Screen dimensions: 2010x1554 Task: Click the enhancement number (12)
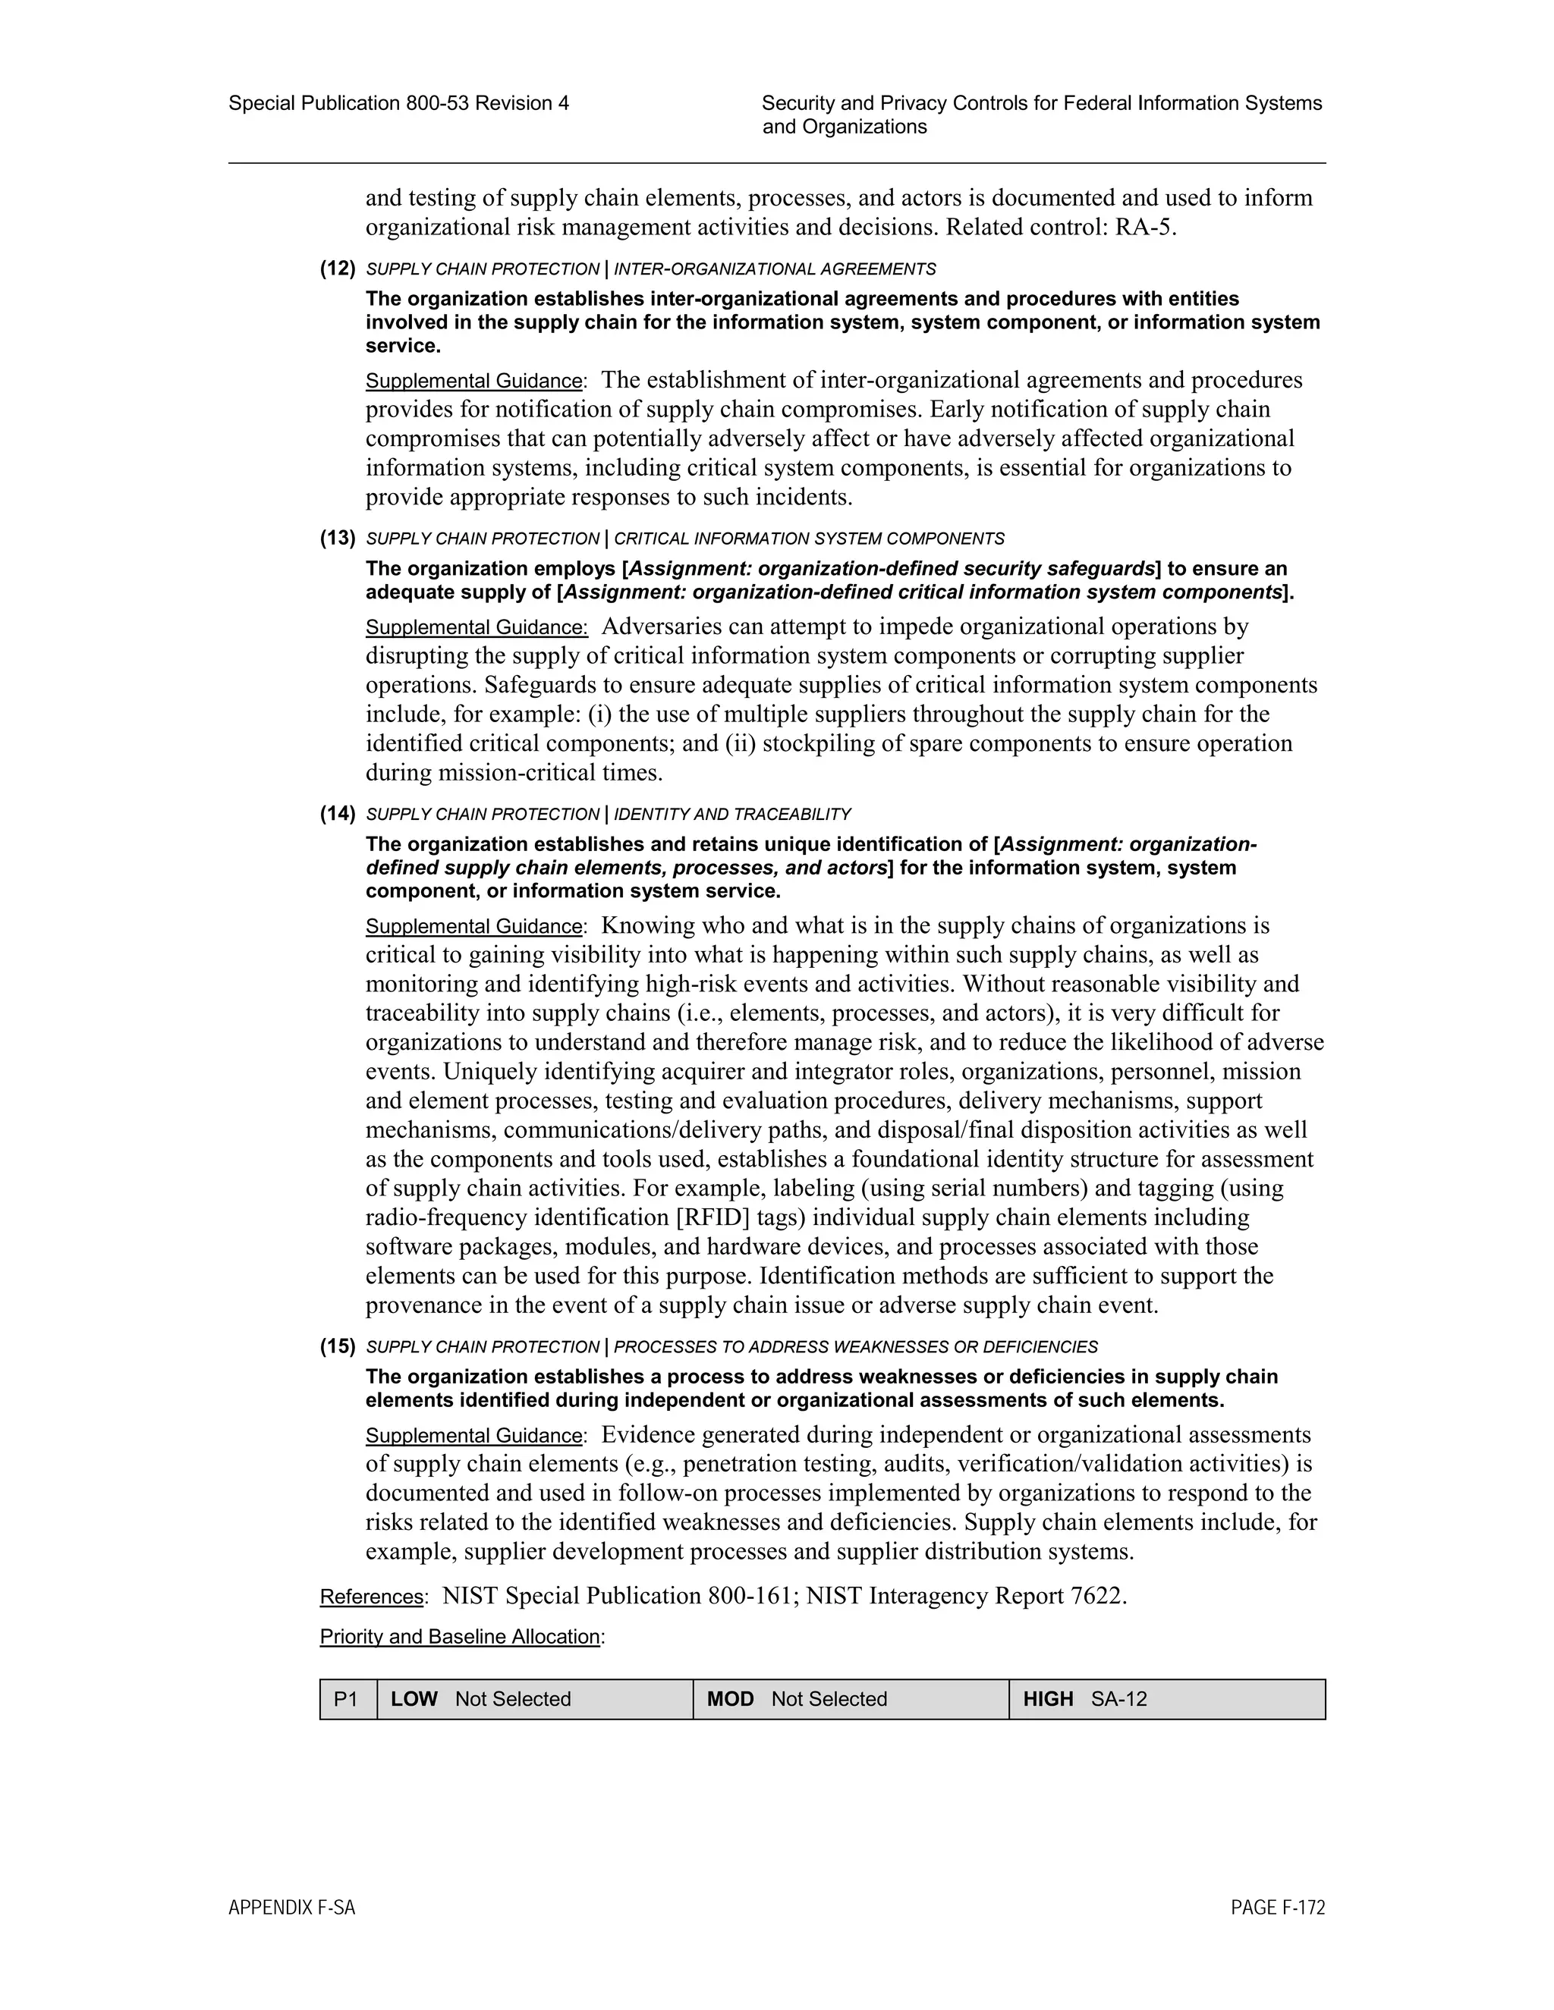(337, 269)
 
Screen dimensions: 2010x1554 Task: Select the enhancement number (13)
(337, 539)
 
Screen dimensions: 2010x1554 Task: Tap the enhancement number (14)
(337, 814)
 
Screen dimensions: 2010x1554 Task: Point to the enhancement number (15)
(337, 1346)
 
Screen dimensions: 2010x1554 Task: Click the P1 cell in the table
(347, 1699)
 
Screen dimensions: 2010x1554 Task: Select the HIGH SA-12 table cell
(1166, 1699)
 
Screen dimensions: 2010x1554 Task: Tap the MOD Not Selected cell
(851, 1699)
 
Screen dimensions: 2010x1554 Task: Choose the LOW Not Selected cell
(534, 1699)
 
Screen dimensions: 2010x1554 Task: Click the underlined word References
(371, 1597)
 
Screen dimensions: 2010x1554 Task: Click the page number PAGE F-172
(1277, 1908)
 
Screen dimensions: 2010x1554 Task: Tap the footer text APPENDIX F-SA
(292, 1908)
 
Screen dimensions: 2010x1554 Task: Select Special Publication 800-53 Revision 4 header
(398, 103)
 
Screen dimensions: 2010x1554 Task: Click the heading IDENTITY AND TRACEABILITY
(732, 815)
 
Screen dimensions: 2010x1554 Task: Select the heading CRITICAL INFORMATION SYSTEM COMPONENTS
(808, 539)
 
